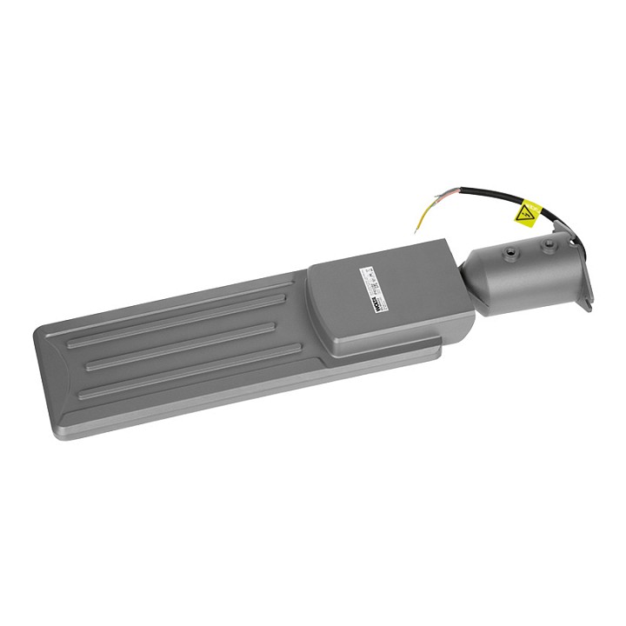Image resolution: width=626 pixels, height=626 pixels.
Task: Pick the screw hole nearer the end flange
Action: click(x=549, y=245)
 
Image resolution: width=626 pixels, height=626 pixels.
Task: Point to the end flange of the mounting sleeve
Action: click(x=584, y=265)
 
